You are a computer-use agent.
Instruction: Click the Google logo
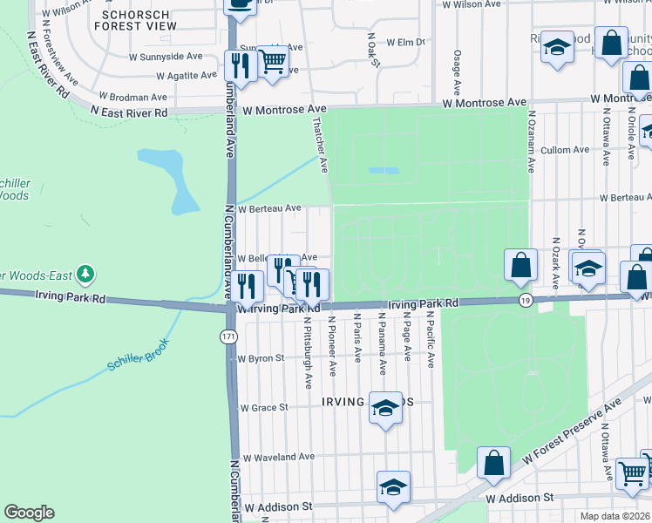(30, 513)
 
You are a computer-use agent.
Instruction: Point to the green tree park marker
(85, 275)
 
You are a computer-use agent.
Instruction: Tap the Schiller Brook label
(137, 365)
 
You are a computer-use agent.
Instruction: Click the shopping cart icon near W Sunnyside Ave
(273, 62)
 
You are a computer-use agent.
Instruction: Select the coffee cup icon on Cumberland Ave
(240, 4)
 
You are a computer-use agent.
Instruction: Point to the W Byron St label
(261, 358)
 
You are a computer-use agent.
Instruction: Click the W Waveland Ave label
(275, 458)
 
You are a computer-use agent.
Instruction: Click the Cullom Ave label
(565, 150)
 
